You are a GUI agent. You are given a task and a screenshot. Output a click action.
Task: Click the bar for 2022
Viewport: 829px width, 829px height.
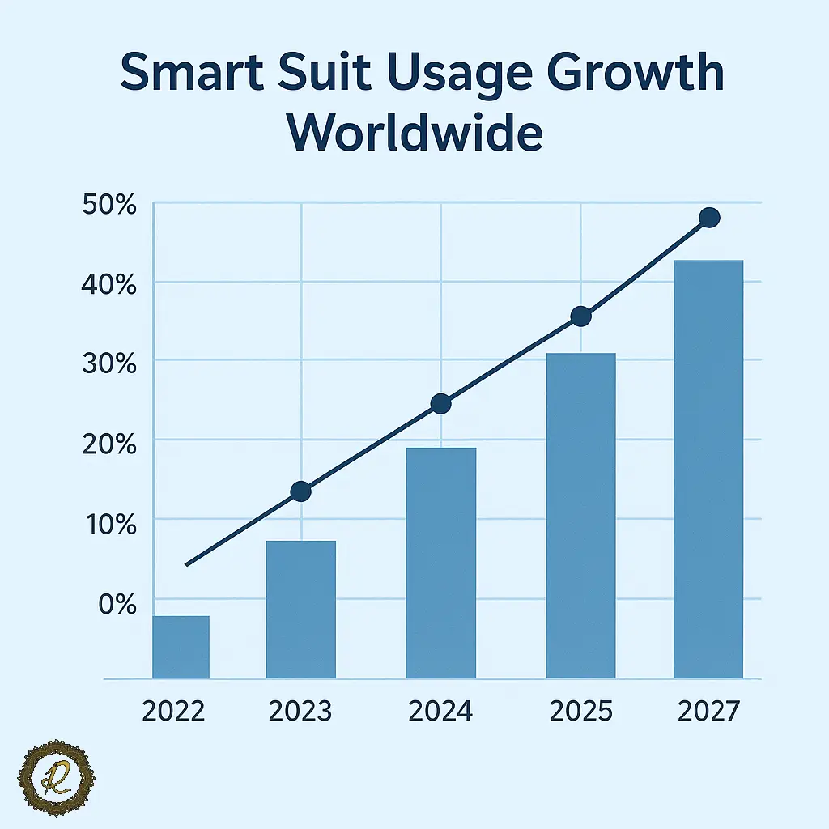(181, 647)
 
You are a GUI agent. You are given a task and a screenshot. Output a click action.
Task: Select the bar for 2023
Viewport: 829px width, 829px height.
(300, 609)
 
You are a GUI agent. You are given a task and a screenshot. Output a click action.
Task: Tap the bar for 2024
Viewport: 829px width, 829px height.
(440, 563)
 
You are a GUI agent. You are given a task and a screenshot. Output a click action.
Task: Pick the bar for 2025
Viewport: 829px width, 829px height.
(580, 516)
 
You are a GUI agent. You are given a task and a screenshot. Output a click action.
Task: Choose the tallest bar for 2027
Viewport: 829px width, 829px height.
(708, 469)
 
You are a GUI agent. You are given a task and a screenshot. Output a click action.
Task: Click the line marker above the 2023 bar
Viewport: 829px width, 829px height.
(300, 491)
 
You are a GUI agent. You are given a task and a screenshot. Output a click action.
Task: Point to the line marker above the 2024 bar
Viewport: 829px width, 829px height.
(440, 404)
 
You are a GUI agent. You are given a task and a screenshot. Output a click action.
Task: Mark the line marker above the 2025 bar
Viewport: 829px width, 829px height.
(580, 317)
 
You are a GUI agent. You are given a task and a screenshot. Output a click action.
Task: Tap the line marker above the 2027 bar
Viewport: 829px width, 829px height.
(709, 217)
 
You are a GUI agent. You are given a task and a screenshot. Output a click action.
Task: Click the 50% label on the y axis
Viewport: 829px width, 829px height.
(109, 206)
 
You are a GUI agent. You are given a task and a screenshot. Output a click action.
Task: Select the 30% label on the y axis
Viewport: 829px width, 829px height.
(109, 363)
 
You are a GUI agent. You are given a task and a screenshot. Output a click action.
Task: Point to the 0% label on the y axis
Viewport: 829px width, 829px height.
(117, 602)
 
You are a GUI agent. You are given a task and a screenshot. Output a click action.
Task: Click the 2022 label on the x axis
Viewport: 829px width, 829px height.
(173, 712)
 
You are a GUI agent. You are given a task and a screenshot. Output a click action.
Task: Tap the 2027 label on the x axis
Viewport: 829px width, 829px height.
(708, 712)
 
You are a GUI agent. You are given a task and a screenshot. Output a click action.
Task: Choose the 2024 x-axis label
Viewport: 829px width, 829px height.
(440, 712)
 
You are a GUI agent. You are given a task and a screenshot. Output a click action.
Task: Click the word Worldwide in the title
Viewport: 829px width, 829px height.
(414, 134)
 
